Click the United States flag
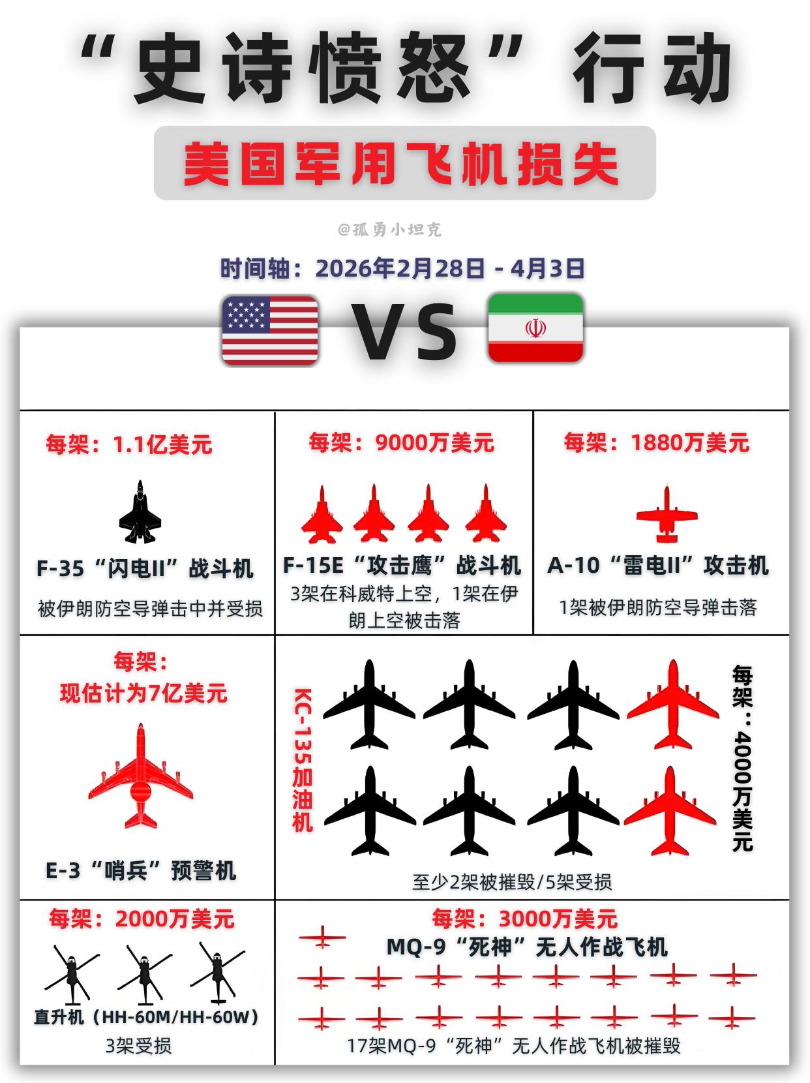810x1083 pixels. click(270, 330)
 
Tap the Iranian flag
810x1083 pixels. click(535, 328)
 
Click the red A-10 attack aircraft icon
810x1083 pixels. click(667, 515)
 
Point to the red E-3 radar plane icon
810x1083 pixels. click(141, 776)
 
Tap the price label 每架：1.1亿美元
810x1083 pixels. click(129, 445)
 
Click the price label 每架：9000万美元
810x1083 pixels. click(402, 443)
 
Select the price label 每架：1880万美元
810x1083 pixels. click(657, 443)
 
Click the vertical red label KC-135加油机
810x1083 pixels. click(302, 760)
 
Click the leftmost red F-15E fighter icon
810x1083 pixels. click(322, 515)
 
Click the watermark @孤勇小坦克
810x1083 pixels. click(389, 230)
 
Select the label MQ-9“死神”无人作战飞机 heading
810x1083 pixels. click(527, 947)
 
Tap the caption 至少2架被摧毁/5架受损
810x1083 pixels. click(512, 882)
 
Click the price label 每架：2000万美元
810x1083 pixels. click(142, 919)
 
